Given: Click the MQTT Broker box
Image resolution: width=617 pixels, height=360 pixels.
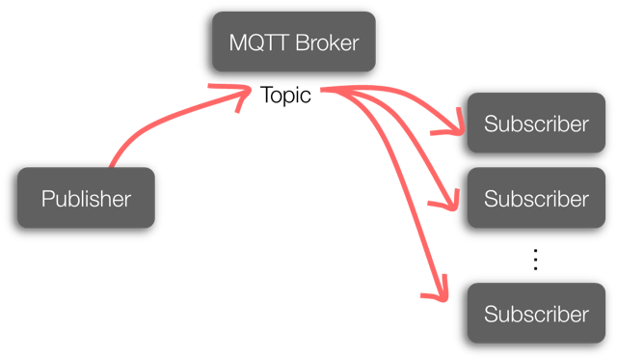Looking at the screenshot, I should coord(294,42).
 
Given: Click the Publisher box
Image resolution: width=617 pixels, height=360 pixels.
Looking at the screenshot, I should coord(86,198).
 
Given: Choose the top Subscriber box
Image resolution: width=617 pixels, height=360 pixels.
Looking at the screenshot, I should coord(536,124).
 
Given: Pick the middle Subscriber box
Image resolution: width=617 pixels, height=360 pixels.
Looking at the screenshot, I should coord(536,198).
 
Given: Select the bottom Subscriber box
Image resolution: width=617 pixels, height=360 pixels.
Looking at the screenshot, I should coord(536,313).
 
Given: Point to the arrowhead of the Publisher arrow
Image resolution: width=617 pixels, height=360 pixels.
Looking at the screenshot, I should coord(243,93).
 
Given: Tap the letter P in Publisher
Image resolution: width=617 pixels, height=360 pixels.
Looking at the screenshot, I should coord(47,199).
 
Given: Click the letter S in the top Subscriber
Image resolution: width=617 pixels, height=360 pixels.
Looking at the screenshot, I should coord(490,124).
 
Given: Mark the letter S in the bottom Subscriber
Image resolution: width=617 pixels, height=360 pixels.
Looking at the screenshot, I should coord(490,314).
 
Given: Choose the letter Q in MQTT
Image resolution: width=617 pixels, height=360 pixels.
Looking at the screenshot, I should coord(254,42).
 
